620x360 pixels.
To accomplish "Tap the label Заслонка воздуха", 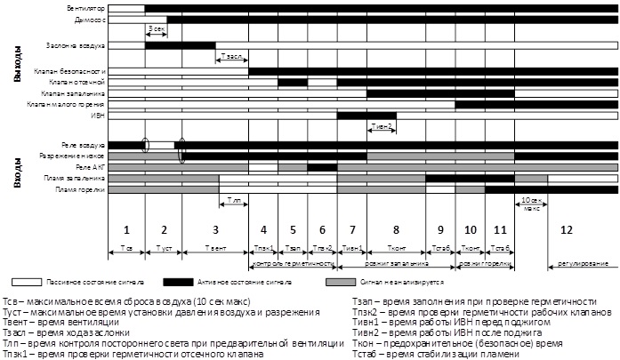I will (76, 44).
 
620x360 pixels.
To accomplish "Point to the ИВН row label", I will (99, 115).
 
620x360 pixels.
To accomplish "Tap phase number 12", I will (567, 230).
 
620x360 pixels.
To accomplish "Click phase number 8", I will (396, 230).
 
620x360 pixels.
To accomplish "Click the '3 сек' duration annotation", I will (156, 29).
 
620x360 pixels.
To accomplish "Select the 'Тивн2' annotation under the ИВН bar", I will (382, 126).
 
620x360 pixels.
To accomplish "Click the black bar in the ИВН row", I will (366, 115).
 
